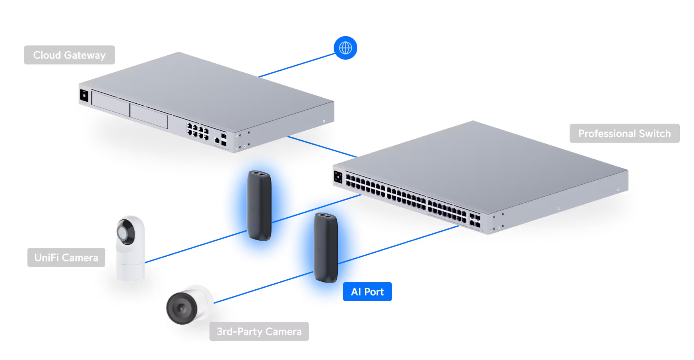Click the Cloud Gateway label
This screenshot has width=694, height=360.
(69, 55)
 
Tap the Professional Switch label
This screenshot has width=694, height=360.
(624, 134)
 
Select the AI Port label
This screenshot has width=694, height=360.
(367, 292)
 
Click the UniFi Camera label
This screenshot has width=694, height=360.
(66, 258)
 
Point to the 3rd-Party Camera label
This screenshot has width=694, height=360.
(259, 331)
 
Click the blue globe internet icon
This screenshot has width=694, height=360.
(345, 48)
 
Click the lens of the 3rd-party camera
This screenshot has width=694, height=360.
(181, 308)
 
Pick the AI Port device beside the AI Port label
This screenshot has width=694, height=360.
(326, 248)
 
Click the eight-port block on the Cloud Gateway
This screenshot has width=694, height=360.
(198, 131)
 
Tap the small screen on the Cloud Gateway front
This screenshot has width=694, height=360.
(84, 96)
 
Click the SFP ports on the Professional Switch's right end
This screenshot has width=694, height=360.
(475, 220)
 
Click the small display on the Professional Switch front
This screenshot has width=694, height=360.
(338, 177)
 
